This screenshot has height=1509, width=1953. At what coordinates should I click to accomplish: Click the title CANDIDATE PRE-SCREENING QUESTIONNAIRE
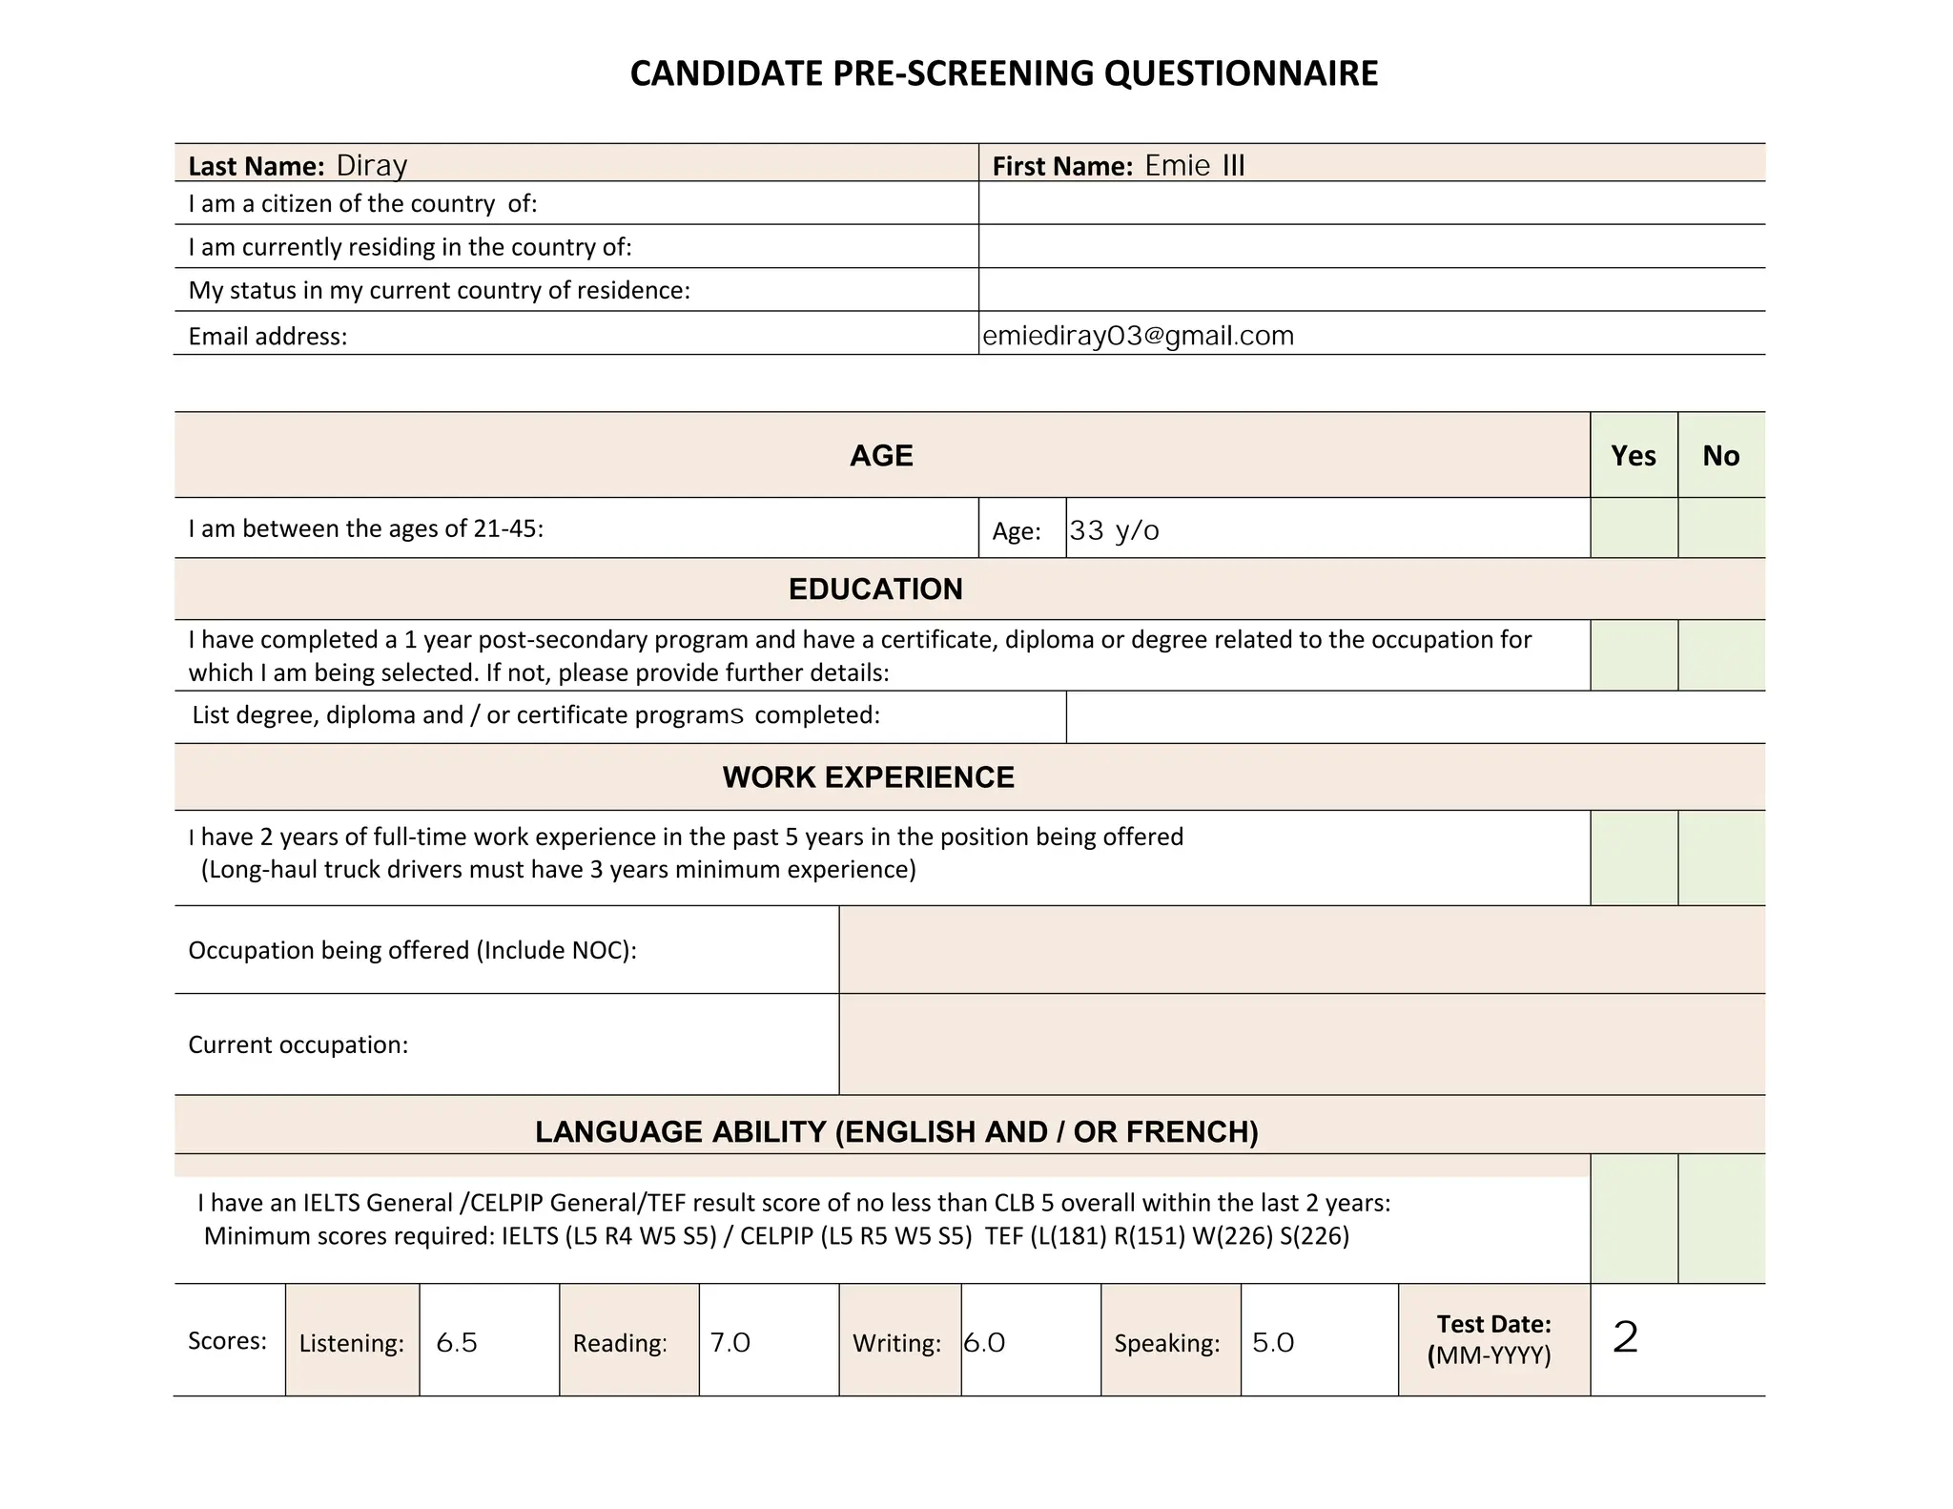tap(1003, 73)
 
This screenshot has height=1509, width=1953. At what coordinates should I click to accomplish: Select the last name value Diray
tap(372, 165)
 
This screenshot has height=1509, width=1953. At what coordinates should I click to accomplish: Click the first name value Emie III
tap(1194, 165)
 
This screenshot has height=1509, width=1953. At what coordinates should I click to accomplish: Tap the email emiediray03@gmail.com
tap(1138, 336)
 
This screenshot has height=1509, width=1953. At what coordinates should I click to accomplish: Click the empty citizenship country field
tap(1370, 203)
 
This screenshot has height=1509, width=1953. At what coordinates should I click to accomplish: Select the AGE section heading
tap(881, 455)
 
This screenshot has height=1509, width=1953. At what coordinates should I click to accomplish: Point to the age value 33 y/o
tap(1114, 530)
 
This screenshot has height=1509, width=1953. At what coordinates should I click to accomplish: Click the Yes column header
tap(1633, 455)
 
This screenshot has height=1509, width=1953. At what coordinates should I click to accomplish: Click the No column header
tap(1720, 455)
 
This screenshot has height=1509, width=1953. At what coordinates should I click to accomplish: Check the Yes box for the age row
tap(1633, 527)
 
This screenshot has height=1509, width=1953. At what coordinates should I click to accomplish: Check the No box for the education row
tap(1720, 655)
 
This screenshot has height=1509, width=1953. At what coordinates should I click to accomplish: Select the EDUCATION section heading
tap(874, 589)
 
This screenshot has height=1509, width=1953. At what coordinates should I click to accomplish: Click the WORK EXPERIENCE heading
tap(868, 776)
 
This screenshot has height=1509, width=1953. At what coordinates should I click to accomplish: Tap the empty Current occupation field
tap(1301, 1044)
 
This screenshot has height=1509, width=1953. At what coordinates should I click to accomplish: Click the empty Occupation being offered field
tap(1301, 950)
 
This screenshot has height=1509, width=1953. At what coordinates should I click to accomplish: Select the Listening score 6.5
tap(456, 1342)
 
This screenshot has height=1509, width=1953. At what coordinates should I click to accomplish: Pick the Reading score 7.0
tap(730, 1342)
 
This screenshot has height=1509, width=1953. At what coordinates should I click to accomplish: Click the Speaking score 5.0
tap(1272, 1342)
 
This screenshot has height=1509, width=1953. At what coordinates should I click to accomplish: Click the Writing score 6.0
tap(984, 1342)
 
